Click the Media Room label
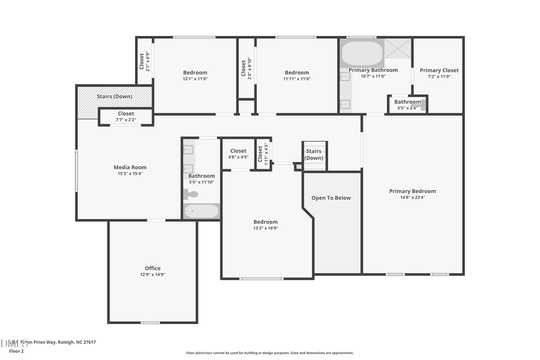click(x=130, y=167)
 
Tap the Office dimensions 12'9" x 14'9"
click(x=152, y=275)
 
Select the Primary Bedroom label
click(x=412, y=191)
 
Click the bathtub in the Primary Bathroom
click(x=362, y=53)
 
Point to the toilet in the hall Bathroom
click(x=191, y=194)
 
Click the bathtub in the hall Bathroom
click(x=201, y=211)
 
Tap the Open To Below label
click(x=331, y=198)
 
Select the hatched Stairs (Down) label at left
click(x=114, y=96)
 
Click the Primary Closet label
click(x=438, y=70)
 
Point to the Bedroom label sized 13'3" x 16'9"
click(x=265, y=222)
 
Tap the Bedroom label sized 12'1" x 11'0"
click(x=195, y=73)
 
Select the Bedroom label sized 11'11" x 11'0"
click(x=297, y=73)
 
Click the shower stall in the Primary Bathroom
click(x=398, y=48)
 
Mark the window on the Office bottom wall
click(x=150, y=323)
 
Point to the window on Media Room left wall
click(x=76, y=170)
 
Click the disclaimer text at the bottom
click(x=270, y=353)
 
